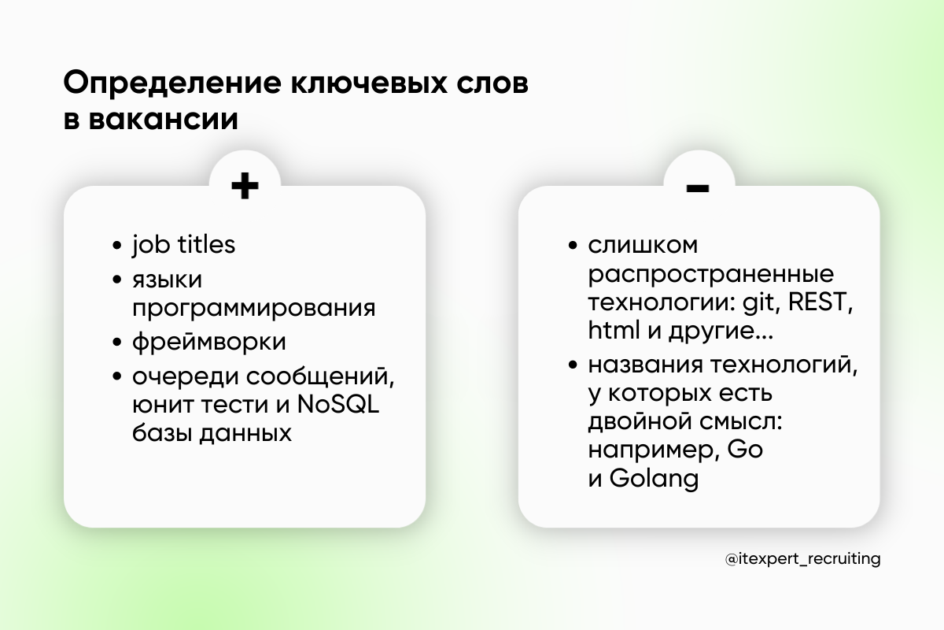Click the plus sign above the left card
pyautogui.click(x=245, y=187)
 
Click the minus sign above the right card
pyautogui.click(x=698, y=187)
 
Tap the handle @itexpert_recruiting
pyautogui.click(x=802, y=558)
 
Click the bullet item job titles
pyautogui.click(x=183, y=245)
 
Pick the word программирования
pyautogui.click(x=253, y=307)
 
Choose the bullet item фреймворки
pyautogui.click(x=208, y=343)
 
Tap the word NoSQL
pyautogui.click(x=340, y=406)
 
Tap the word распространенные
pyautogui.click(x=710, y=275)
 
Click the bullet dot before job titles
pyautogui.click(x=117, y=246)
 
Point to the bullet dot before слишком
pyautogui.click(x=572, y=246)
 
